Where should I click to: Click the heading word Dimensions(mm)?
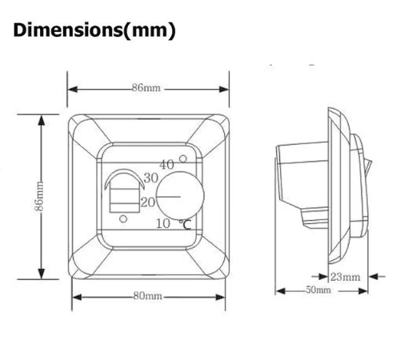point(94,30)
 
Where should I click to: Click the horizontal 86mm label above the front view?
point(146,88)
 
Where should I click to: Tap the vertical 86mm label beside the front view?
point(39,196)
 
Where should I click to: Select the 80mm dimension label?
point(147,296)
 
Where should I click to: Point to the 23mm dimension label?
point(346,277)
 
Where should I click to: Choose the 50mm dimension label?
point(318,290)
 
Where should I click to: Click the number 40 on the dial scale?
point(166,165)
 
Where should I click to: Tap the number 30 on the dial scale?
point(151,178)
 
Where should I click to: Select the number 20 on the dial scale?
point(148,202)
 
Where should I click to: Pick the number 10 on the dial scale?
point(163,224)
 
